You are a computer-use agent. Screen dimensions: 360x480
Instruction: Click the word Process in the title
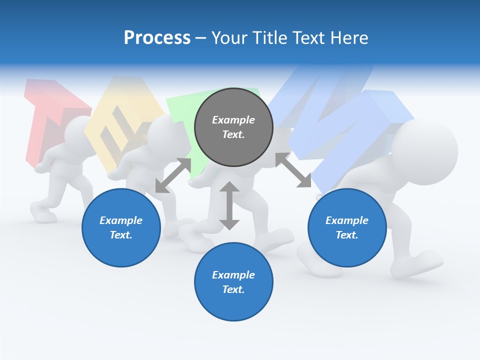click(157, 38)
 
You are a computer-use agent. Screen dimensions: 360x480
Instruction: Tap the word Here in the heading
click(348, 38)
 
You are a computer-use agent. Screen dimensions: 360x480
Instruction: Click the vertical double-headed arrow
click(229, 205)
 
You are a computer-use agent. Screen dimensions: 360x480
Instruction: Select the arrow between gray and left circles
click(173, 175)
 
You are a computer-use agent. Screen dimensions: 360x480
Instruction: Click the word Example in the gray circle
click(233, 120)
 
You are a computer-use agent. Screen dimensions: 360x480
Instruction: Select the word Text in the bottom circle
click(233, 289)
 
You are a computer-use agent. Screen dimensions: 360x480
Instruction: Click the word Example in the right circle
click(347, 220)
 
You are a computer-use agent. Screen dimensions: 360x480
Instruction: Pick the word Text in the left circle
click(121, 235)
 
